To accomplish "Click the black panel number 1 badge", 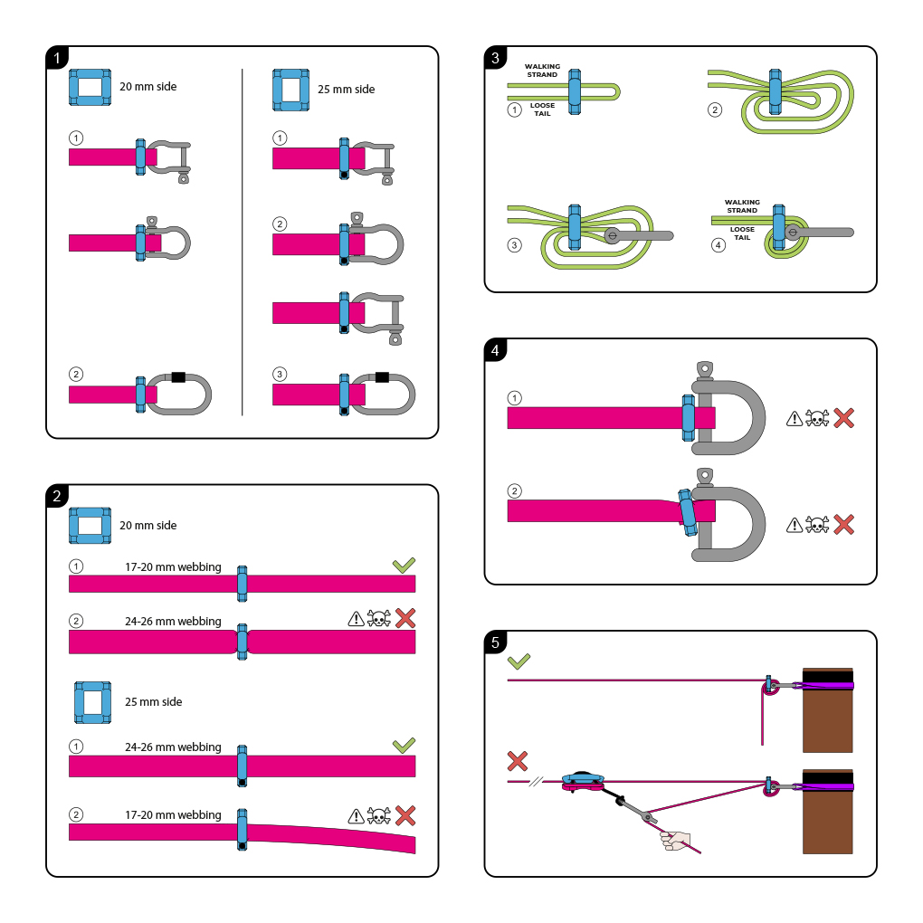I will [x=57, y=58].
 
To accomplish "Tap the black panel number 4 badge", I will [x=495, y=350].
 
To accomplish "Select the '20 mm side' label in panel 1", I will [x=148, y=87].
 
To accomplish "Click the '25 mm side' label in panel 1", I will [x=346, y=90].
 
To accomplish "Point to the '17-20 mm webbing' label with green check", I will [x=172, y=567].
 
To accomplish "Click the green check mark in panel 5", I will [x=519, y=661].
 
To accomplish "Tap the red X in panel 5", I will [x=518, y=760].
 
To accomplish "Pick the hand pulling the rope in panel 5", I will [x=675, y=841].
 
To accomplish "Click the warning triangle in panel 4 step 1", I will [x=795, y=418].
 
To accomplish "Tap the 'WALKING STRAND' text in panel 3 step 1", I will [x=543, y=70].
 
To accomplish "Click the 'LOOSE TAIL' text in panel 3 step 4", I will [x=742, y=233].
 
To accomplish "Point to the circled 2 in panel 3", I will [x=715, y=110].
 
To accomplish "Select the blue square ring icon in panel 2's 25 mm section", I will [x=91, y=702].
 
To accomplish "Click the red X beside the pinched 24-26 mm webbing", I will [x=405, y=618].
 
